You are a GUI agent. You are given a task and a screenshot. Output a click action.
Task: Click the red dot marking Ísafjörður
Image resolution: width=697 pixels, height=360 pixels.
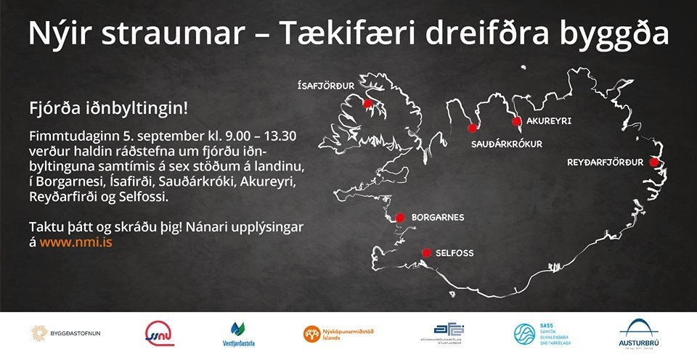(x=367, y=104)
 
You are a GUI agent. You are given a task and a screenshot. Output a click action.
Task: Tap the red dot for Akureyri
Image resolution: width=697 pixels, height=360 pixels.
(x=516, y=121)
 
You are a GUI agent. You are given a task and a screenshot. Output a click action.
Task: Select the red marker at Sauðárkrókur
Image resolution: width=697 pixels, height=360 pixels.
(x=472, y=128)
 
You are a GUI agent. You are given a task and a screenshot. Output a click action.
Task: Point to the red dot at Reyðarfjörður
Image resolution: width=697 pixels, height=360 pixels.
(x=653, y=162)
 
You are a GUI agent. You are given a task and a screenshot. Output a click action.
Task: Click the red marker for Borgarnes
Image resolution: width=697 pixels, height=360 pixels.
(x=399, y=217)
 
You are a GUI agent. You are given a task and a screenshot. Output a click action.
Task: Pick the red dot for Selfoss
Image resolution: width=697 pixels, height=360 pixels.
(x=426, y=253)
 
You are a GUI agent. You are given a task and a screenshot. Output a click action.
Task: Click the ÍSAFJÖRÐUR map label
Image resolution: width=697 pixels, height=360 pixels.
(x=326, y=86)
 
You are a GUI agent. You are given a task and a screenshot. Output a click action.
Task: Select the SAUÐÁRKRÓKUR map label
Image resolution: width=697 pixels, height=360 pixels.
(x=507, y=144)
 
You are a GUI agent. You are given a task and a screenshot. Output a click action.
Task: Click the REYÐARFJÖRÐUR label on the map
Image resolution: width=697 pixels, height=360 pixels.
(x=605, y=162)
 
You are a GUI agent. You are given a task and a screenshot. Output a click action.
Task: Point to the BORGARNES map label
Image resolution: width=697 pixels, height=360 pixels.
(x=438, y=217)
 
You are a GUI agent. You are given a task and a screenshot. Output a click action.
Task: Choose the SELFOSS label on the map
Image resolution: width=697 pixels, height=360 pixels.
(x=455, y=253)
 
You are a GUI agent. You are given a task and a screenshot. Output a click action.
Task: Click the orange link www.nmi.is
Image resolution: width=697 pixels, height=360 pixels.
(x=76, y=243)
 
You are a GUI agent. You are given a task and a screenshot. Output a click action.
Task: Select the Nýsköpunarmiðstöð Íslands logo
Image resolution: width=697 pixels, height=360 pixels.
(x=341, y=334)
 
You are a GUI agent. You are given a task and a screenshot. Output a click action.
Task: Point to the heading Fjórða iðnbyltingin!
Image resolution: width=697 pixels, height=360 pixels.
(x=108, y=109)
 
